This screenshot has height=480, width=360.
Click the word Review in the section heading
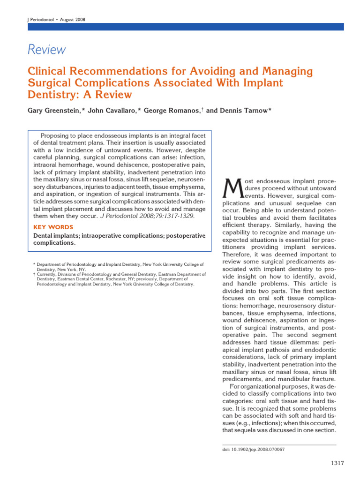(46, 50)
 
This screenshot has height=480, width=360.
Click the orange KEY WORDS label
(53, 227)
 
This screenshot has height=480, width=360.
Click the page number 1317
(337, 464)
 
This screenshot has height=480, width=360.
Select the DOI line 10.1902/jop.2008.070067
(252, 449)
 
